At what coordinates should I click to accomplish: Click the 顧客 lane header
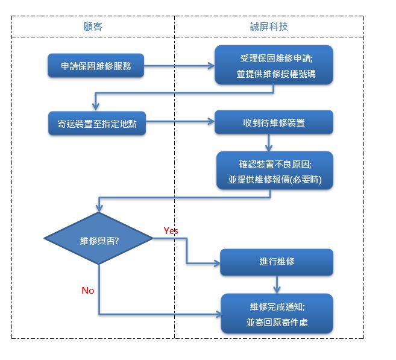(93, 27)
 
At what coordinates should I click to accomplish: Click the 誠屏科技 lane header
(269, 27)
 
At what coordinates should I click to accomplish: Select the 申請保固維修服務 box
(96, 66)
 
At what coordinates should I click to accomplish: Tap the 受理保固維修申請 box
(274, 65)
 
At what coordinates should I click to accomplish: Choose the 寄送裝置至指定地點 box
(97, 124)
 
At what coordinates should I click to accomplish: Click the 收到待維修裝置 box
(274, 122)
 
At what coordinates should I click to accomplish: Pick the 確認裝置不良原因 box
(275, 171)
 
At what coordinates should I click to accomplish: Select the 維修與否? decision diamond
(98, 238)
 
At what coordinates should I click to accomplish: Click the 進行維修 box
(277, 262)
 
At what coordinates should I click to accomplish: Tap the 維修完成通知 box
(277, 314)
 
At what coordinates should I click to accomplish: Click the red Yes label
(171, 230)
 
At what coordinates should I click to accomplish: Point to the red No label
(88, 291)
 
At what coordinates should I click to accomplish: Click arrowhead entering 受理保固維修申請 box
(211, 66)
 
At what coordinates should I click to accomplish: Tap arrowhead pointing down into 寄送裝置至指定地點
(95, 107)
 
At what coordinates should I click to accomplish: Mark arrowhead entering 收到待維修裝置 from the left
(211, 122)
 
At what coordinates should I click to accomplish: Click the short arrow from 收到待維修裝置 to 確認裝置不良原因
(269, 143)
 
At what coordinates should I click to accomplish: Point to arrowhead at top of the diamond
(99, 208)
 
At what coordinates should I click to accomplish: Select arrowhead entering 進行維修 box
(217, 264)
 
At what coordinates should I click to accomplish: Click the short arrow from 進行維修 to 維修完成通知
(277, 285)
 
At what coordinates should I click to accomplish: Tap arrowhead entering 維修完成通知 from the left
(218, 314)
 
